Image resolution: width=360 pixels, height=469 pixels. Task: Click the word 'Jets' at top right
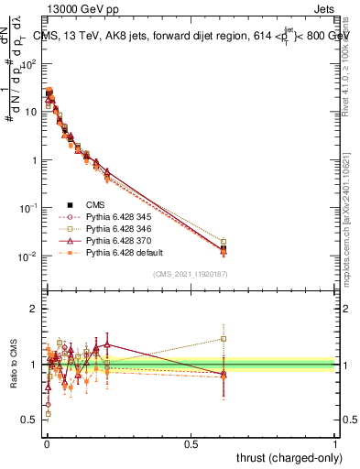pos(323,8)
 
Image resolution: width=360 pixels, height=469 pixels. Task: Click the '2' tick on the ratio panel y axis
pos(35,309)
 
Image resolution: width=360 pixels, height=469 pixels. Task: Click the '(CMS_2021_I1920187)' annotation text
pos(191,273)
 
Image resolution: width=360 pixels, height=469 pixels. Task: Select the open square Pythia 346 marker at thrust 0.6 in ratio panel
pos(223,338)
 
